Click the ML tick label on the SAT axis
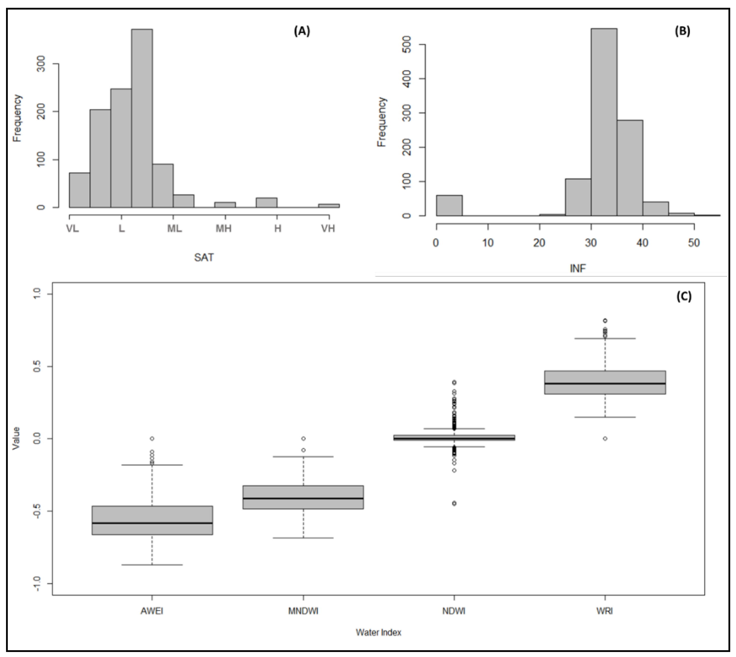(174, 229)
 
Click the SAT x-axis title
(204, 257)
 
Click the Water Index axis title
(378, 632)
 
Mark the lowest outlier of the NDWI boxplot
(454, 503)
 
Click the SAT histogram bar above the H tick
(266, 203)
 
